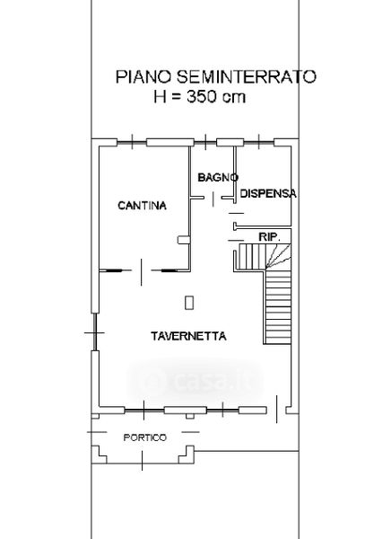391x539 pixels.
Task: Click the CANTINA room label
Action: pos(142,206)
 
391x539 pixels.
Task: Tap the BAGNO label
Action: pos(218,178)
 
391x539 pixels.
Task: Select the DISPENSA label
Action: pos(268,193)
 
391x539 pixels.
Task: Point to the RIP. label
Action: pos(269,237)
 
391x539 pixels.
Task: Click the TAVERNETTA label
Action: pos(188,336)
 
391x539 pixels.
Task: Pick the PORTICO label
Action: pos(145,437)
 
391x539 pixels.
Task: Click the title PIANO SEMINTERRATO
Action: pos(215,76)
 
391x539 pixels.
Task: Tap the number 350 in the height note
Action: pos(202,97)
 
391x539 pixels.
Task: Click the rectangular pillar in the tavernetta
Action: pos(189,303)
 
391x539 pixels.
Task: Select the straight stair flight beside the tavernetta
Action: pos(278,306)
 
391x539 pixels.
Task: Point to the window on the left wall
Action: pos(95,332)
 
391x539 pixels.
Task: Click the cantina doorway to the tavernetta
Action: pos(142,271)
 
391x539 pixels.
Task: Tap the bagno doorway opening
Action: pos(213,199)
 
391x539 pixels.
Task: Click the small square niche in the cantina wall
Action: pos(184,240)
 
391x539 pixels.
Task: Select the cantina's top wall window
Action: pos(132,142)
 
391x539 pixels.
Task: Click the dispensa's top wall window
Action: pos(259,142)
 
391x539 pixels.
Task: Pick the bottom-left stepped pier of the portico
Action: pos(99,455)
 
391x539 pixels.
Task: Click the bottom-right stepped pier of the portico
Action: pos(187,455)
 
